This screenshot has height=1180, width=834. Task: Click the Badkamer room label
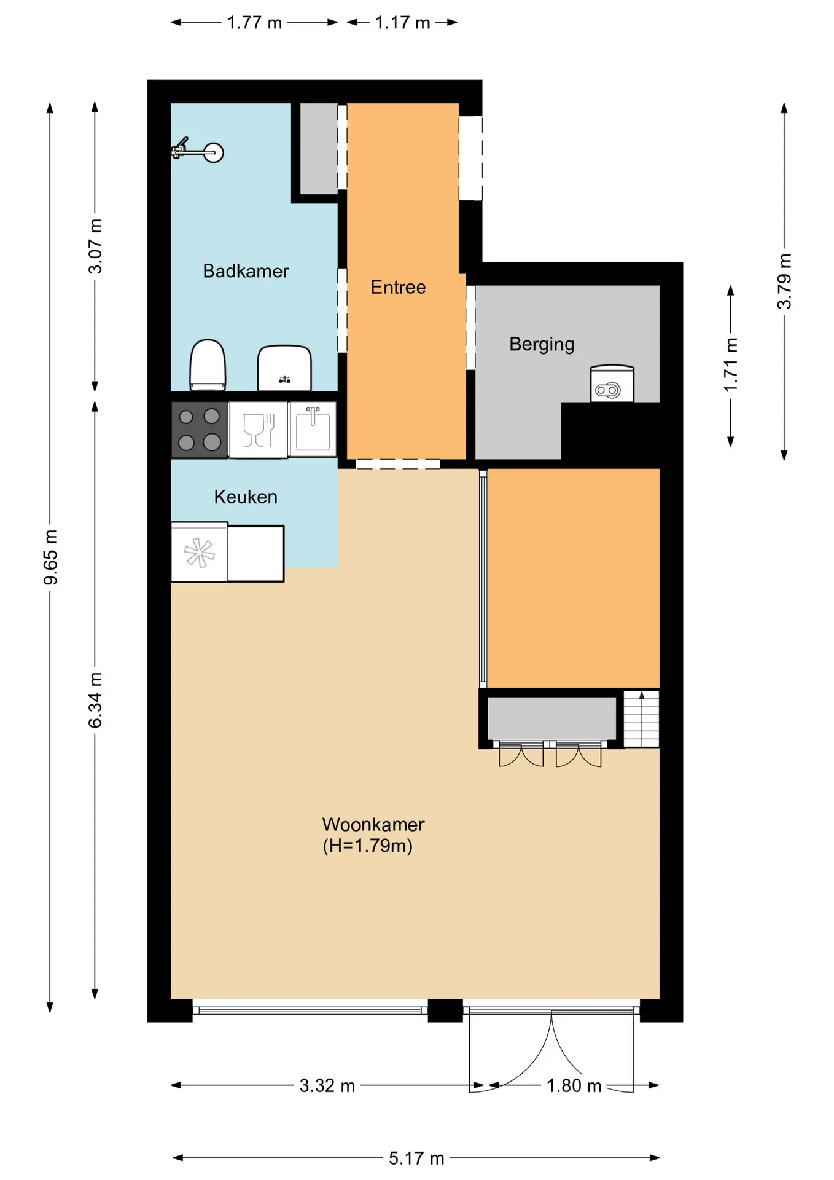pos(246,271)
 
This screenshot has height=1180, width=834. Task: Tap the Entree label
pos(398,287)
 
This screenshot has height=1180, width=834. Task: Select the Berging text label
pos(542,344)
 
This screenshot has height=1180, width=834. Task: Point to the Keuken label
pos(246,497)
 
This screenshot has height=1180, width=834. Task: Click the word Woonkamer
pos(373,824)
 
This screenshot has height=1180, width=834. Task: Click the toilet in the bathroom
pos(208,365)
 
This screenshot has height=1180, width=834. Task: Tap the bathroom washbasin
pos(284,368)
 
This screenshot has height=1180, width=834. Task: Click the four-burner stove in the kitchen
pos(199,430)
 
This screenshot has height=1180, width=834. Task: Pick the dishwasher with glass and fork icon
pos(259,430)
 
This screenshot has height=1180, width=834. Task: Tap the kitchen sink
pos(313,428)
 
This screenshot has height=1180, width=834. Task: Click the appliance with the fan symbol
pos(199,552)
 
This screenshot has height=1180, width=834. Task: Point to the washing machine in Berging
pos(612,384)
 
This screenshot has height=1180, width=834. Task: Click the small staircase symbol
pos(641,719)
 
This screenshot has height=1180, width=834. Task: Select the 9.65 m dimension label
pos(50,557)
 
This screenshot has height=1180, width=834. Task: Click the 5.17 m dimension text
pos(416,1158)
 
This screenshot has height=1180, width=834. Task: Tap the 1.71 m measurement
pos(731,365)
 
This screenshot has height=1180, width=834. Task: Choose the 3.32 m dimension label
pos(327,1086)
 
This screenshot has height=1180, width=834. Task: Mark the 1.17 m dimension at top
pos(402,23)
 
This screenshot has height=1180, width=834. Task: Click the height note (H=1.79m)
pos(368,846)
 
